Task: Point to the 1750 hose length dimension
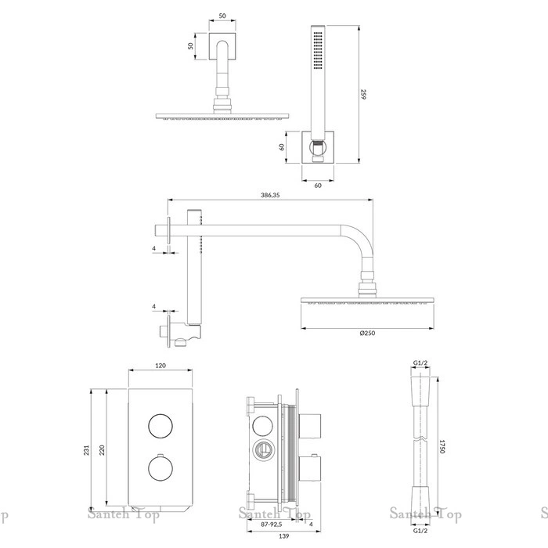tap(442, 447)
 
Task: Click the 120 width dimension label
tap(159, 366)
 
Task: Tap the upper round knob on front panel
tap(159, 426)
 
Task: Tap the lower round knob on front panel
tap(159, 470)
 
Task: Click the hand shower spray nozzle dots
tap(316, 51)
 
